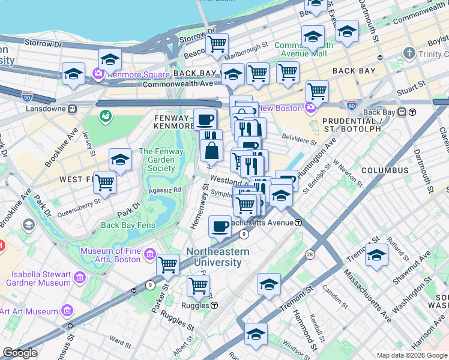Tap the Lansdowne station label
tap(47, 109)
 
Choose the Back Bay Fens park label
tap(128, 226)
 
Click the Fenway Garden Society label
tap(157, 160)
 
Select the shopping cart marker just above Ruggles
tap(198, 286)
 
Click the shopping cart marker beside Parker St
tap(167, 264)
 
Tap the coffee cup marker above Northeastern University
tap(220, 226)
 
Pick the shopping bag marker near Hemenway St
tap(212, 151)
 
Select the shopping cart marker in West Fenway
tap(105, 181)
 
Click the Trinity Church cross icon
tap(409, 53)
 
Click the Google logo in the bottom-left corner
tap(20, 353)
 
